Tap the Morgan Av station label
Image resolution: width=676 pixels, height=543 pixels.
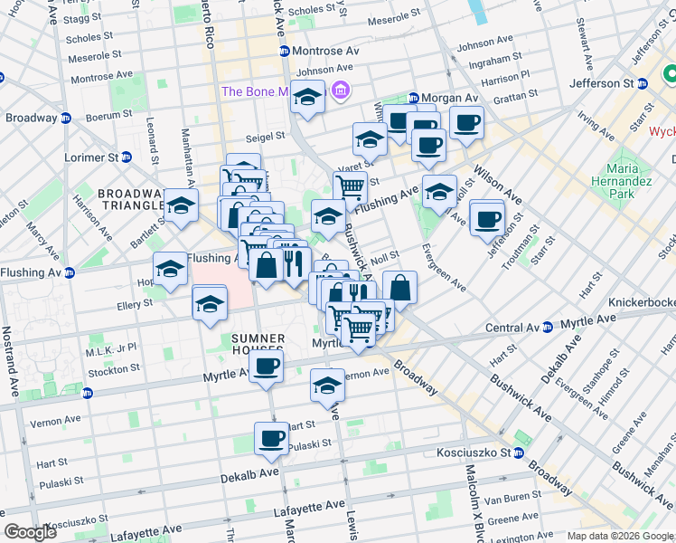tap(443, 98)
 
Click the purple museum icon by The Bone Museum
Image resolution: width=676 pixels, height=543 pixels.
tap(341, 90)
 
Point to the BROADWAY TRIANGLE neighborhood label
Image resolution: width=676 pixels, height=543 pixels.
tap(131, 201)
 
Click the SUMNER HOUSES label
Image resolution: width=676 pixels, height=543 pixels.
tap(252, 346)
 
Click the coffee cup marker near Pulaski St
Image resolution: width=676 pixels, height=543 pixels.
tap(271, 438)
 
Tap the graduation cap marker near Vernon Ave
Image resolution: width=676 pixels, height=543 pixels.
tap(327, 385)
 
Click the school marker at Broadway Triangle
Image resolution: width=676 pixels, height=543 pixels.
tap(181, 205)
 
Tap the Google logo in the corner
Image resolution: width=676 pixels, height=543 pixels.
tap(31, 532)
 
